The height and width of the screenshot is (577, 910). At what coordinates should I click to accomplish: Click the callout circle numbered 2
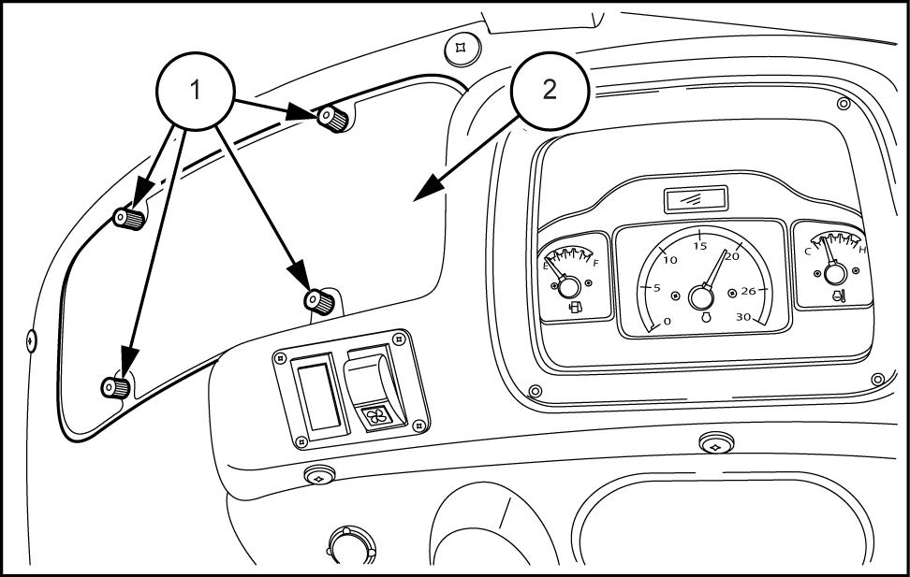(549, 90)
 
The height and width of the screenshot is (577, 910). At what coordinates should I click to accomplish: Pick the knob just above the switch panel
(319, 300)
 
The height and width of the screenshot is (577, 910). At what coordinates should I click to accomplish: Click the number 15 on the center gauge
(699, 247)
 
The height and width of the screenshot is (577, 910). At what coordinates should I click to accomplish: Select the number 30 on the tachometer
(744, 316)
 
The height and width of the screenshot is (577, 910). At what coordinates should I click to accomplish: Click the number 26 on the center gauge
(748, 291)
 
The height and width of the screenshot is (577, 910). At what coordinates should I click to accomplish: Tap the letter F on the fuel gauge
(595, 264)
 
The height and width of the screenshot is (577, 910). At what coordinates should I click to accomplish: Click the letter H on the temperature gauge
(861, 250)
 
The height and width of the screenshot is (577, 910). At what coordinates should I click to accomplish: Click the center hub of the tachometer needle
(699, 297)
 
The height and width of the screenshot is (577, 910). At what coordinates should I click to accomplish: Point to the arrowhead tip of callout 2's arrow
(416, 197)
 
